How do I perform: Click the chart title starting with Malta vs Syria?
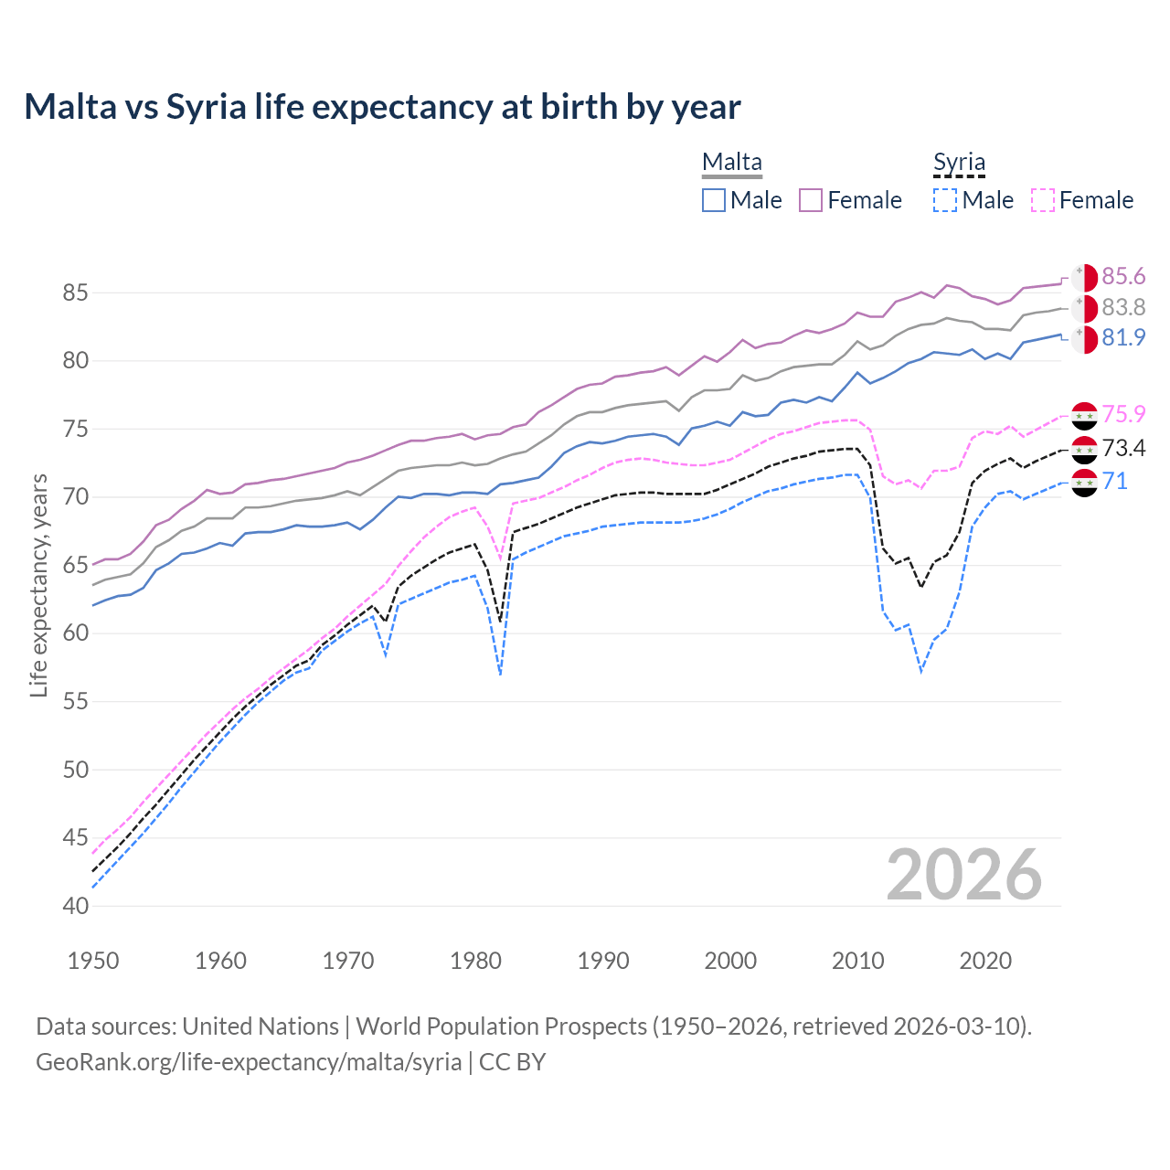[382, 107]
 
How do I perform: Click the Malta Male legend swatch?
[714, 200]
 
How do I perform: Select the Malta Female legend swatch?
[811, 200]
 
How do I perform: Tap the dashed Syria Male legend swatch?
[945, 200]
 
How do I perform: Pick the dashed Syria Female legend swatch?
[1043, 200]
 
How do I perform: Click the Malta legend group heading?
[731, 163]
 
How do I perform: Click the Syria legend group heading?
[959, 163]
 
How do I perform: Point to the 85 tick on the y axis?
[75, 293]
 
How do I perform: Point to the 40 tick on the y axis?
[75, 906]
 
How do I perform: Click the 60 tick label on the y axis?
[75, 633]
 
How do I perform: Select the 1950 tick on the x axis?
[93, 961]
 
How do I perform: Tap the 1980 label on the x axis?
[475, 961]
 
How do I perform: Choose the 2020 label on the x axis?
[985, 961]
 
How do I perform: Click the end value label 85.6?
[1123, 277]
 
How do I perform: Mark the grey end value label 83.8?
[1123, 308]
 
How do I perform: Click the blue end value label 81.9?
[1123, 338]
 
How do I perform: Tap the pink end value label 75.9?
[1123, 414]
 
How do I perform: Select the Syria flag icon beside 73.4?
[1084, 449]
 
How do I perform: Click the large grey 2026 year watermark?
[963, 875]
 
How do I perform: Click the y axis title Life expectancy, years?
[38, 585]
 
